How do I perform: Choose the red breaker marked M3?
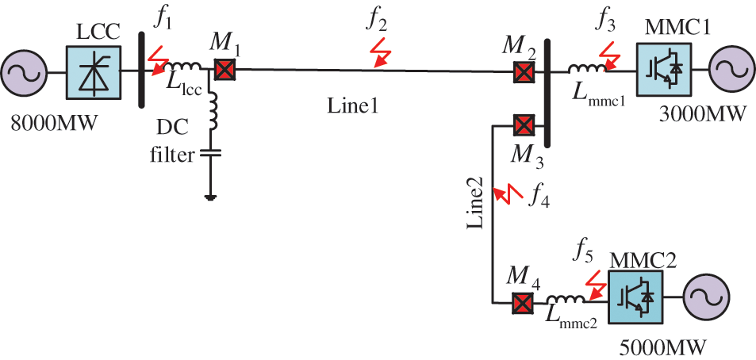click(523, 125)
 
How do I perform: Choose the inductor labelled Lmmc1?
click(589, 71)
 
